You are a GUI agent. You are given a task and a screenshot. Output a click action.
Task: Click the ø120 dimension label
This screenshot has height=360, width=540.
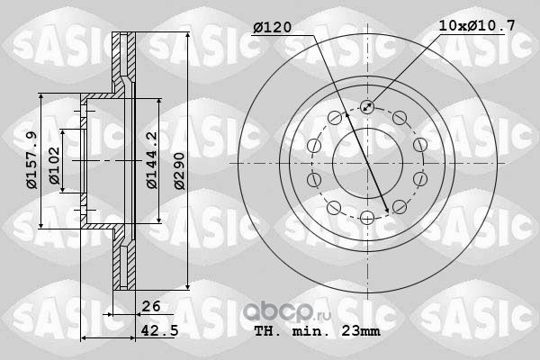click(x=273, y=28)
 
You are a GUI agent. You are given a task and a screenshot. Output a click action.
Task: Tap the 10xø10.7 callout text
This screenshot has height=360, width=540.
click(x=477, y=26)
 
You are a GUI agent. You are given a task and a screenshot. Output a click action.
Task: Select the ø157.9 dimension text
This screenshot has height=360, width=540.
click(x=31, y=160)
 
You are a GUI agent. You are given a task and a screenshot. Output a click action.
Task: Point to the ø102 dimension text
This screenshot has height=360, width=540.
click(x=54, y=166)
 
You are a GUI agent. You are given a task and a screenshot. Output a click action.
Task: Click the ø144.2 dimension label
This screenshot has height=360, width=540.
click(x=151, y=160)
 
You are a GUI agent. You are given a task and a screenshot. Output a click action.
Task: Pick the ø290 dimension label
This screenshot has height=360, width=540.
click(x=179, y=171)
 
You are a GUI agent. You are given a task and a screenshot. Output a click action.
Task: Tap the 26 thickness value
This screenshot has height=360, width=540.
click(x=151, y=306)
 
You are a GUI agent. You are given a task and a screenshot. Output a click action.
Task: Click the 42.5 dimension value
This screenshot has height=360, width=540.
click(x=160, y=330)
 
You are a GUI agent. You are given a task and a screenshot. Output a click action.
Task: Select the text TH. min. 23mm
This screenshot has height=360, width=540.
click(x=317, y=331)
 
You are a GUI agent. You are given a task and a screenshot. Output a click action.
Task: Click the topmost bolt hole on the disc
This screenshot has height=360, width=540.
click(x=367, y=107)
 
